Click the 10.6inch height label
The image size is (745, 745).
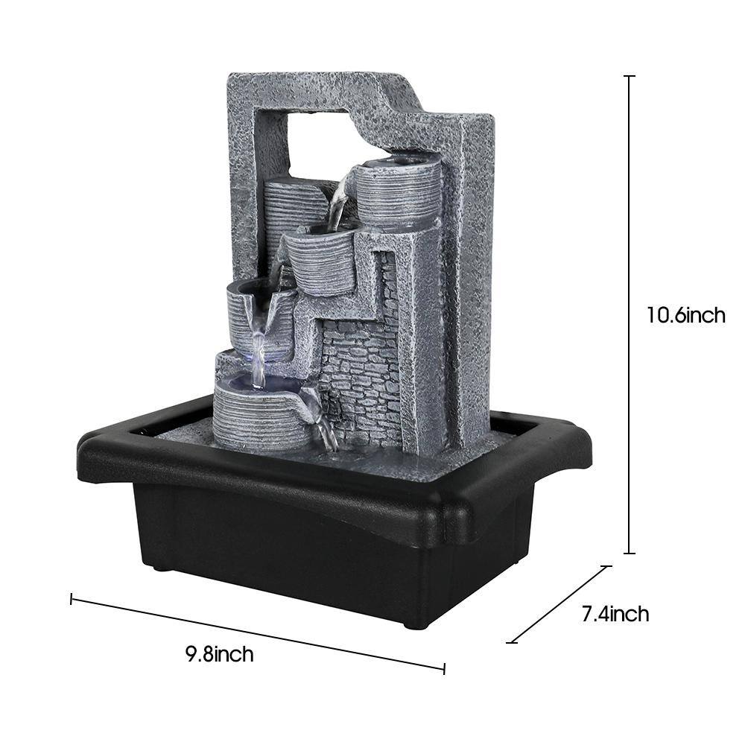[686, 314]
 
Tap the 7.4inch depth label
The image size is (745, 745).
[615, 614]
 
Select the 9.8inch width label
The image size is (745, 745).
[220, 654]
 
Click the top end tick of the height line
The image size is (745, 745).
[630, 76]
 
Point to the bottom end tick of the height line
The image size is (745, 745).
[630, 553]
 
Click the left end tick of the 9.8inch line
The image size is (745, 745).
[72, 599]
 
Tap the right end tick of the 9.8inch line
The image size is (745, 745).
[444, 668]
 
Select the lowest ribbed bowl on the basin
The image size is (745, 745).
[260, 413]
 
